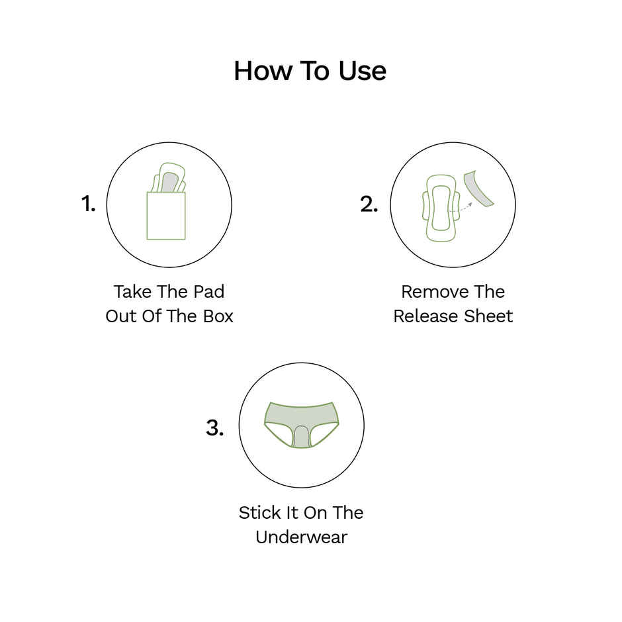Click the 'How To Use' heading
[310, 71]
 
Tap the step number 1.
[88, 204]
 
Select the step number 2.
[369, 204]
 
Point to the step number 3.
[214, 427]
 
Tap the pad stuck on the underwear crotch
[302, 437]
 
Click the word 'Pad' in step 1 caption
[208, 292]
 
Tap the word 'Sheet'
[487, 316]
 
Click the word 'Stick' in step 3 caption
[260, 513]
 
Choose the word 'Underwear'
[301, 537]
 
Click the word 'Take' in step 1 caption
[132, 292]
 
